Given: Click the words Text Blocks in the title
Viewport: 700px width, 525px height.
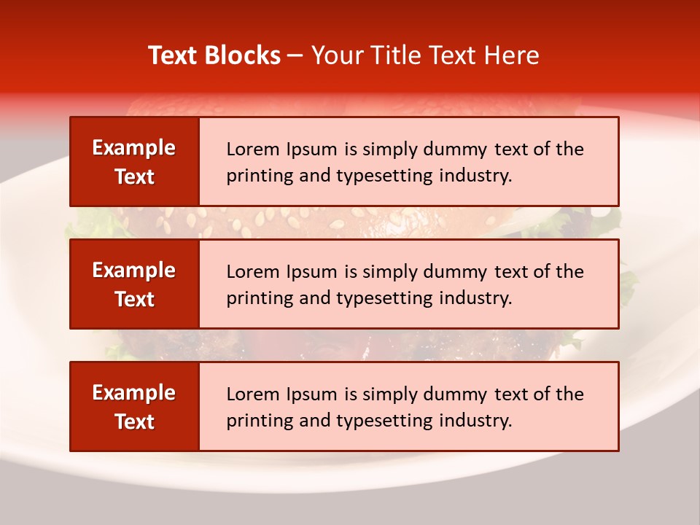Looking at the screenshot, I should tap(214, 55).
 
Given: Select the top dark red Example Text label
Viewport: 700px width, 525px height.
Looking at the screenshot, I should tap(134, 162).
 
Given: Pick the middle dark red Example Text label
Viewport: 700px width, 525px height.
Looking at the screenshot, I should tap(134, 284).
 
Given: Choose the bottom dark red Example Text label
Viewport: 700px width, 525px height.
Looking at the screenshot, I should tap(134, 407).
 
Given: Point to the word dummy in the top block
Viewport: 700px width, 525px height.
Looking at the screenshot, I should tap(456, 149).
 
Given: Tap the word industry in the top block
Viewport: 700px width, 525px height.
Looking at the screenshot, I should tap(476, 176).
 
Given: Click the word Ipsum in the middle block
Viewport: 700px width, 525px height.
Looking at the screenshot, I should tap(311, 272).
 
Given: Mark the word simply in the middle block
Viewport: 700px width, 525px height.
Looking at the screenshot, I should tap(387, 272).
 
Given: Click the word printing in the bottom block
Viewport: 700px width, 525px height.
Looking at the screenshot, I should tap(254, 421).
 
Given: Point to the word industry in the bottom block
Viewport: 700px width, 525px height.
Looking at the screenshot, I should tap(476, 421).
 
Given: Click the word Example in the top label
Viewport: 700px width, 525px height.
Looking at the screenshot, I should tap(134, 148).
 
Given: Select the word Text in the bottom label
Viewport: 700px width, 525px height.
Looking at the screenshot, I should tap(135, 421).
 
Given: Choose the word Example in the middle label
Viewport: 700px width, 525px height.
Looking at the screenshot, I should tap(134, 271).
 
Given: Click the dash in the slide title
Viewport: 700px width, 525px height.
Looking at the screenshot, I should tap(295, 55).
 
